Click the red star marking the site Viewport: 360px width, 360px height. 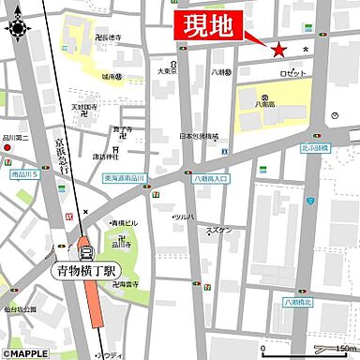coord(278,51)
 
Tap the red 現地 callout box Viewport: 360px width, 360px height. coord(209,27)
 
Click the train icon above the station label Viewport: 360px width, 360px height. coord(86,248)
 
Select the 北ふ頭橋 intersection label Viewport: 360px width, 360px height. coord(314,148)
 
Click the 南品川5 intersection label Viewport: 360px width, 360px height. coord(23,174)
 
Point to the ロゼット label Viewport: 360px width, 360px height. coord(293,73)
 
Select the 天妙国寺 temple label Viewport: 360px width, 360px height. coord(86,107)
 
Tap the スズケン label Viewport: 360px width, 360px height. coord(218,230)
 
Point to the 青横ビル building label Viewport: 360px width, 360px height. coord(125,224)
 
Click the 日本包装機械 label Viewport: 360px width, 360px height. coord(200,135)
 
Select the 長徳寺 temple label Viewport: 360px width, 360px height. coord(108,37)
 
